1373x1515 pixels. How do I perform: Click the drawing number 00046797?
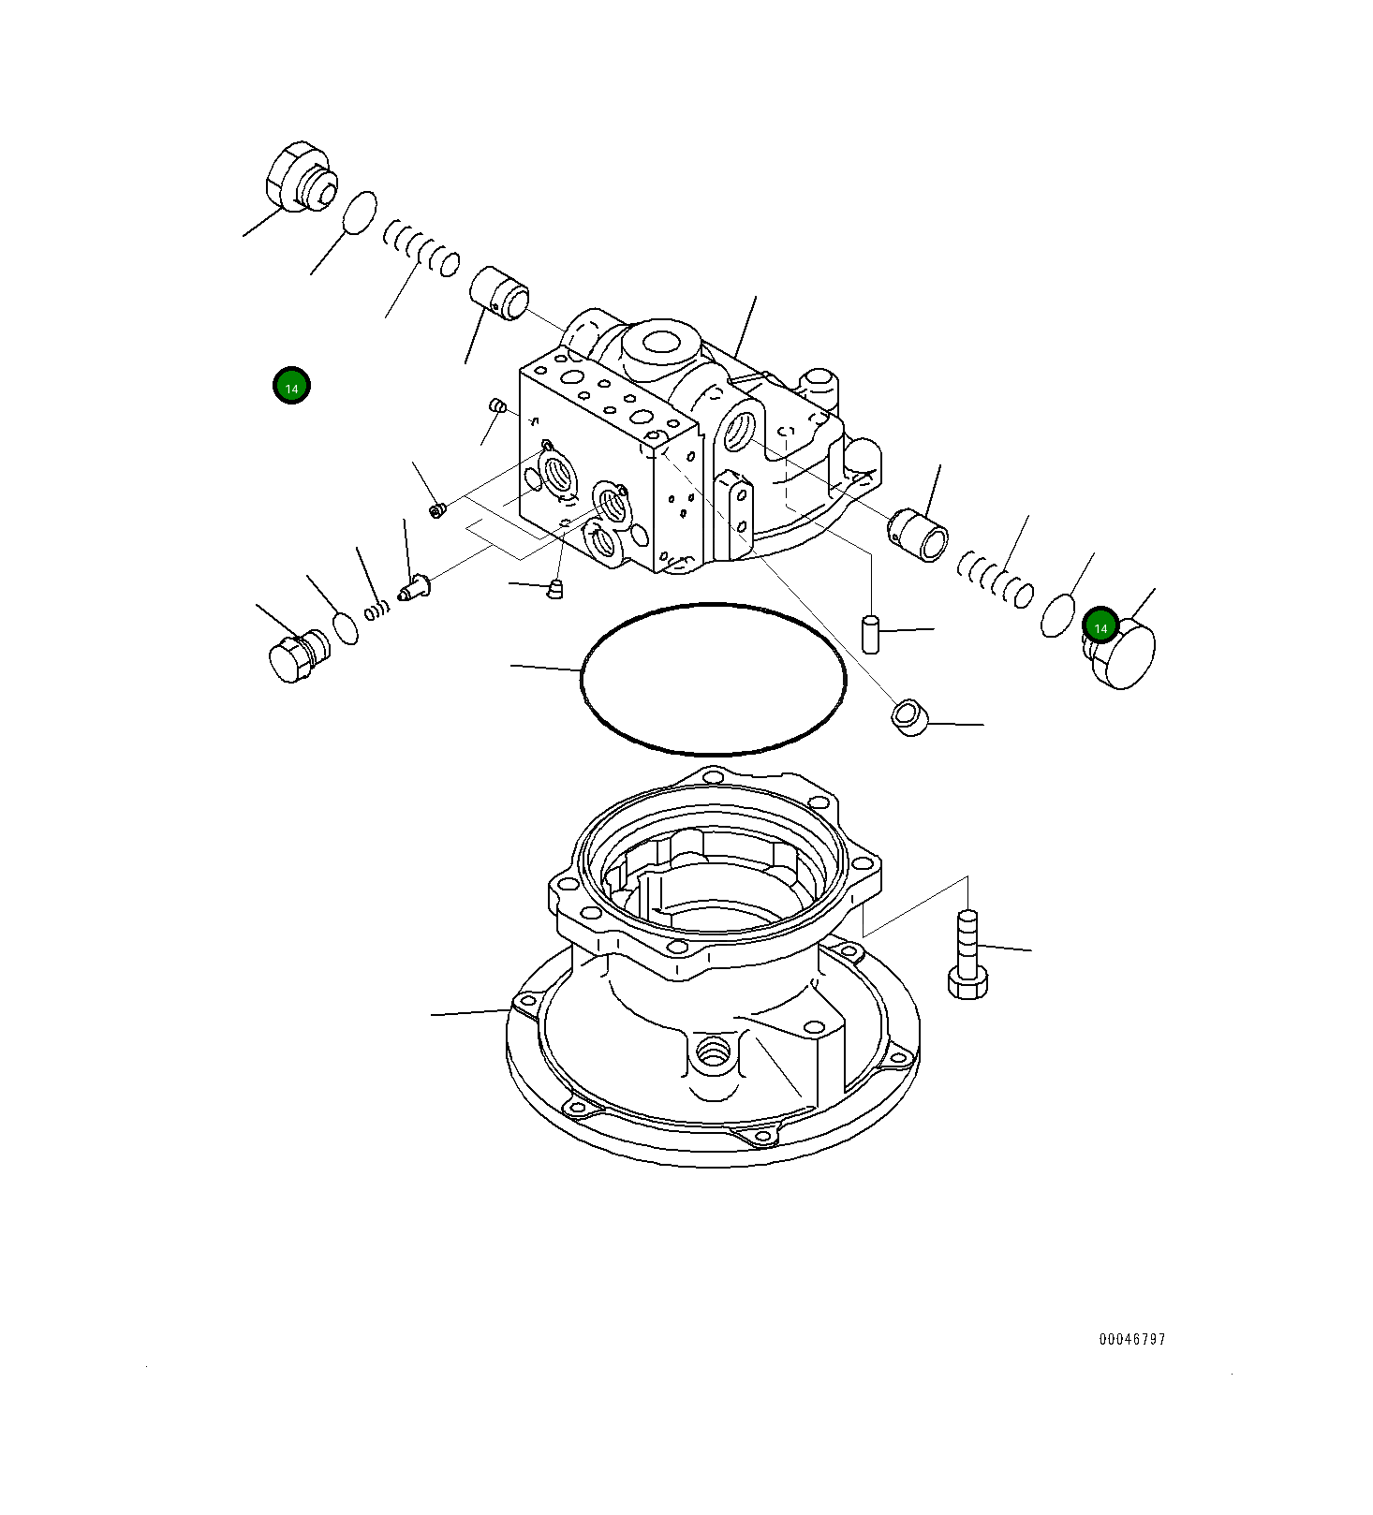point(1131,1339)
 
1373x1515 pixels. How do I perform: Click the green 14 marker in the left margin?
point(291,386)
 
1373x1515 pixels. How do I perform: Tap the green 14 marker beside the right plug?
point(1100,626)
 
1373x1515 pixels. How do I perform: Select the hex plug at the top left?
point(298,178)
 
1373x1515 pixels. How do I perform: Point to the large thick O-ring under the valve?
point(713,679)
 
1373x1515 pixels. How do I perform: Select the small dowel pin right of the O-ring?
point(869,634)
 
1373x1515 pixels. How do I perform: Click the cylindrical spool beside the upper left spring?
point(498,292)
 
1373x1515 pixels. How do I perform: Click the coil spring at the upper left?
point(421,248)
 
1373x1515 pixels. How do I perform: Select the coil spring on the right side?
point(996,580)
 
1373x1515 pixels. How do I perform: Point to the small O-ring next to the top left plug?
point(359,213)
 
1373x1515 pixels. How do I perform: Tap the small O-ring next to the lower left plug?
point(345,627)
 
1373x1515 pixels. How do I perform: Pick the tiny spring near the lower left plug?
point(376,610)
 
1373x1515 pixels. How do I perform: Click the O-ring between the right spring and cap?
point(1057,614)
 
